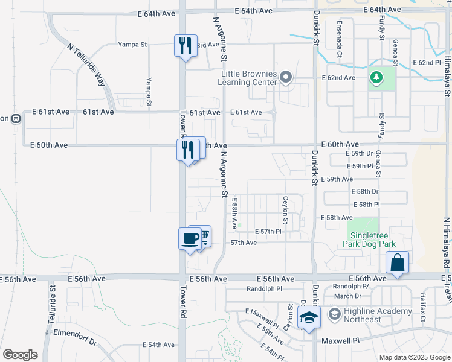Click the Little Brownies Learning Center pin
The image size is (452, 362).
(286, 78)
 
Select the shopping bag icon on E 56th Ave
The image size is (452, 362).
(398, 263)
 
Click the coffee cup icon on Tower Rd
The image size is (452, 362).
(190, 239)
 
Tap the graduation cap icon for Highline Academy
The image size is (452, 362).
(308, 317)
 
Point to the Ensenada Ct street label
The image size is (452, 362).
(340, 40)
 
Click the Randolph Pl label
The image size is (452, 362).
(264, 289)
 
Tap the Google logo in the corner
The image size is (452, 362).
(20, 355)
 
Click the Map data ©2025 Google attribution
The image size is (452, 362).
(414, 357)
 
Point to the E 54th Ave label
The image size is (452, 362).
(158, 345)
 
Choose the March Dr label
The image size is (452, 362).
(347, 296)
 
